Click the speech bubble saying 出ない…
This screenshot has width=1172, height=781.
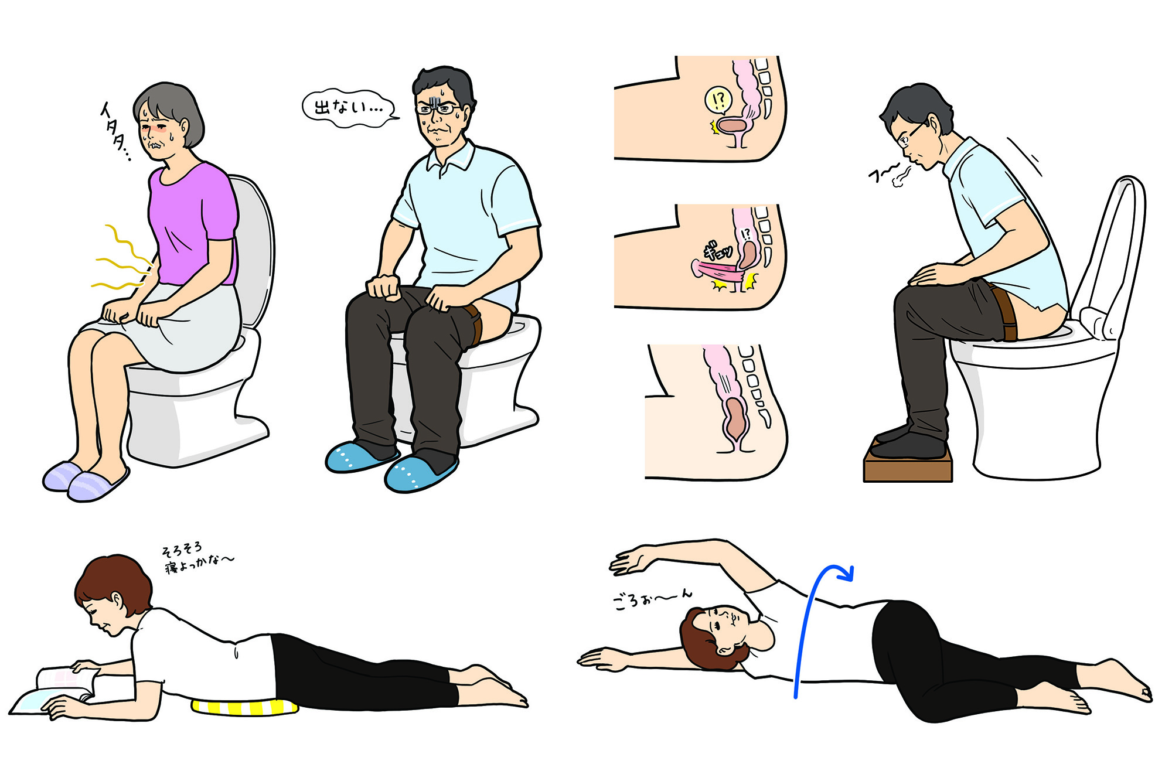click(350, 108)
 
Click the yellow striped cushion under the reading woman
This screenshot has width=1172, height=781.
click(244, 707)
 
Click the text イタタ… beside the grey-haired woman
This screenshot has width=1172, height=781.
click(115, 132)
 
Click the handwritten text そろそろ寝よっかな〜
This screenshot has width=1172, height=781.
click(197, 557)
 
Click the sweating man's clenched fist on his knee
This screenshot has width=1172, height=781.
click(384, 287)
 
